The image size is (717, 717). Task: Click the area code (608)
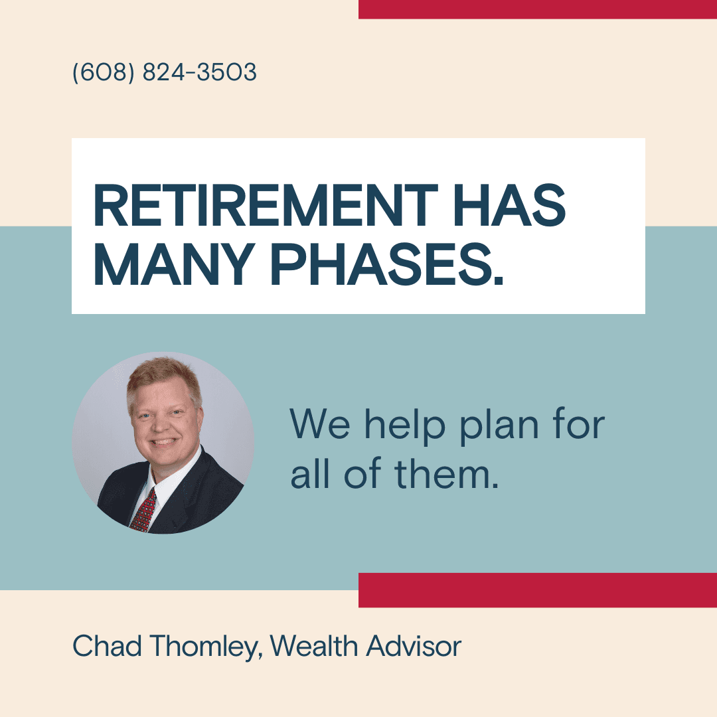point(104,72)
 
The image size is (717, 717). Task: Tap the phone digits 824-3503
point(199,72)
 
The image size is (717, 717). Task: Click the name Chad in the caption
point(107,646)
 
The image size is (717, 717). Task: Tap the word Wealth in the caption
point(313,646)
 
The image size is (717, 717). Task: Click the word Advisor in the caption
point(414,646)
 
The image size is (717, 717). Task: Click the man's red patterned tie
point(145,511)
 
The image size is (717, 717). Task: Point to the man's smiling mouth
point(163,442)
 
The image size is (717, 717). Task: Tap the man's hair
point(163,377)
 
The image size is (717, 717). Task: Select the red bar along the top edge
point(538,9)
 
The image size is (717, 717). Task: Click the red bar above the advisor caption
point(538,590)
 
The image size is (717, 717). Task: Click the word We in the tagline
point(320,424)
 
